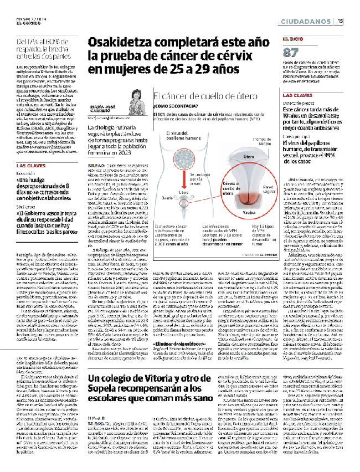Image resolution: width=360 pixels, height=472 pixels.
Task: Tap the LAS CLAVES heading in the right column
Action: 297,95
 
